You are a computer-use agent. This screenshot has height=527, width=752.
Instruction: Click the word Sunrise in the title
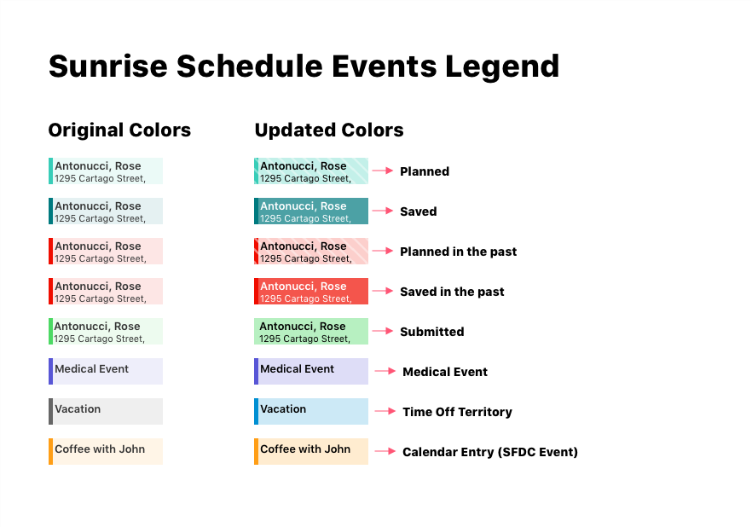click(x=108, y=66)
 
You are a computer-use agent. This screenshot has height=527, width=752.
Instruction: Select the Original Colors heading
click(x=119, y=130)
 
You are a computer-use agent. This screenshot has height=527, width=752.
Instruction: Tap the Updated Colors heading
click(x=329, y=130)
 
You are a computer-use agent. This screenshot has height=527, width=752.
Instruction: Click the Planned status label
click(x=425, y=171)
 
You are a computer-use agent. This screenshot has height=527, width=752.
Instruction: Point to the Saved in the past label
click(x=452, y=292)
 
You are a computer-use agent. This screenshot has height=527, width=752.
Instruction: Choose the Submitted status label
click(x=431, y=332)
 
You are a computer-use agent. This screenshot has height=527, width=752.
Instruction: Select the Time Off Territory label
click(x=457, y=412)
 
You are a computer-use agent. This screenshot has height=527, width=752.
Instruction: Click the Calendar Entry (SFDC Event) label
click(x=490, y=452)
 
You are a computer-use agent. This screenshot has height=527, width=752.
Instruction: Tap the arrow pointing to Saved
click(x=383, y=211)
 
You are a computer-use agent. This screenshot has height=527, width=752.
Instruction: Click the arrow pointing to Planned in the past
click(x=383, y=251)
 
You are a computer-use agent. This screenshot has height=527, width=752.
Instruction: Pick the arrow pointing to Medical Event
click(x=385, y=371)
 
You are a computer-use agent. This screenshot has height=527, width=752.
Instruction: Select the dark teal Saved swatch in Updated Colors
click(x=311, y=211)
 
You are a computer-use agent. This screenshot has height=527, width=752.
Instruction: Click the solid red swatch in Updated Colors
click(x=311, y=291)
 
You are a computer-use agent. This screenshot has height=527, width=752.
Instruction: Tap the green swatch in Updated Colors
click(x=311, y=332)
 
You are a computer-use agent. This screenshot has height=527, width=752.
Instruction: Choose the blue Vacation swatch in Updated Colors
click(x=311, y=411)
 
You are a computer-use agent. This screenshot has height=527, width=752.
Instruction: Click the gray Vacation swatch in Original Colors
click(x=106, y=411)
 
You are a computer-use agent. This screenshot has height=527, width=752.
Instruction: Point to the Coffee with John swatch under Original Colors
click(x=106, y=451)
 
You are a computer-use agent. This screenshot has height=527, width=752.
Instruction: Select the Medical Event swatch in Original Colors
click(x=106, y=371)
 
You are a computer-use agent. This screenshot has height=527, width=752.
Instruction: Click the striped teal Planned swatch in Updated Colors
click(x=311, y=171)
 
